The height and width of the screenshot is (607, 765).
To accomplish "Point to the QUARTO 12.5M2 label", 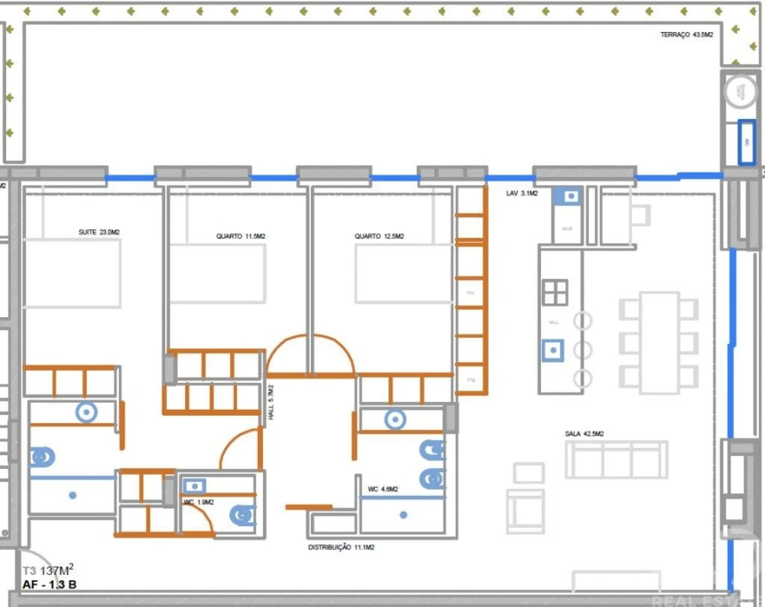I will (379, 237).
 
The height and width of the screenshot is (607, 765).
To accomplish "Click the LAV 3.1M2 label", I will (521, 194).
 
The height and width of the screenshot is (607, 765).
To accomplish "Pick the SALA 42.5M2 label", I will (584, 433).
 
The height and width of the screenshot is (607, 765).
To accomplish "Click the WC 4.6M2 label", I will (383, 489).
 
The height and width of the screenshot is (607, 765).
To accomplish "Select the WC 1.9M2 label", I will (199, 502).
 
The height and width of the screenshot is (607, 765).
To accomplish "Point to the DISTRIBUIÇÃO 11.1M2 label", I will (341, 547).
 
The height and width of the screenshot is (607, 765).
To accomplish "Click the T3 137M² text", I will (48, 569).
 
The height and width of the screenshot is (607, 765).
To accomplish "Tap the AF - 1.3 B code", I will (50, 584).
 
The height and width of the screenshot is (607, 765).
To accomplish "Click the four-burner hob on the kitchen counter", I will (555, 292).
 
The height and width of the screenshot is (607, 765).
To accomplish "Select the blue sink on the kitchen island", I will (553, 349).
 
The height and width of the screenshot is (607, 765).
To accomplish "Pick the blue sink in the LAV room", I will (571, 196).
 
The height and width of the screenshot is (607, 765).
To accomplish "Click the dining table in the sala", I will (659, 342).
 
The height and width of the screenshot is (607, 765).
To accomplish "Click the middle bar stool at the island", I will (582, 349).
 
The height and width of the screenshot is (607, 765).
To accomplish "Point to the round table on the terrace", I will (741, 90).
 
